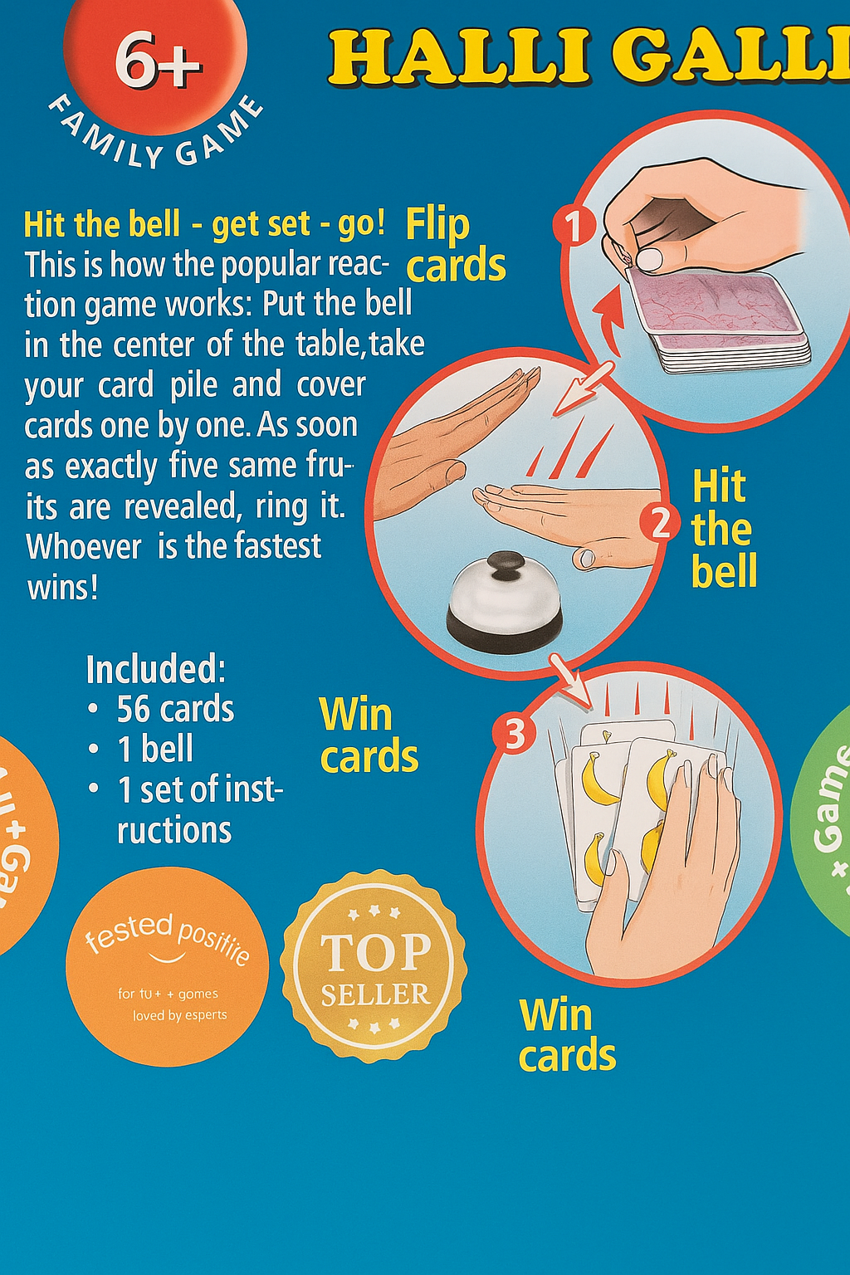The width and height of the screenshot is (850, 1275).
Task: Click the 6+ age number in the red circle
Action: (x=157, y=61)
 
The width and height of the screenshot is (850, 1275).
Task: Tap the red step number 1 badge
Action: (x=574, y=225)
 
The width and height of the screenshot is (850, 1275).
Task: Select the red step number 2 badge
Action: (x=660, y=522)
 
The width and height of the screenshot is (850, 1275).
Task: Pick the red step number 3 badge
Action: (x=515, y=733)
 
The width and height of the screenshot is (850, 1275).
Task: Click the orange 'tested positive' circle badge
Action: (x=168, y=966)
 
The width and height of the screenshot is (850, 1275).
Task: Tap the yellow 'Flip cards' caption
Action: (x=455, y=246)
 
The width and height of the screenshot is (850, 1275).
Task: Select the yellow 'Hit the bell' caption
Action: (x=723, y=529)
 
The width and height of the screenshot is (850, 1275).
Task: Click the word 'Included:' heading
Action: (x=155, y=669)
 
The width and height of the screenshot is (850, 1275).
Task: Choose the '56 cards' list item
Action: (x=175, y=710)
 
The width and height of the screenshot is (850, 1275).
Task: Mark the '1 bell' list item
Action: (x=156, y=750)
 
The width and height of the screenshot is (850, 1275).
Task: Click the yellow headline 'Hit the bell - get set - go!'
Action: (x=204, y=225)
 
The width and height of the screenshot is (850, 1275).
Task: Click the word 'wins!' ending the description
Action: (x=63, y=588)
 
